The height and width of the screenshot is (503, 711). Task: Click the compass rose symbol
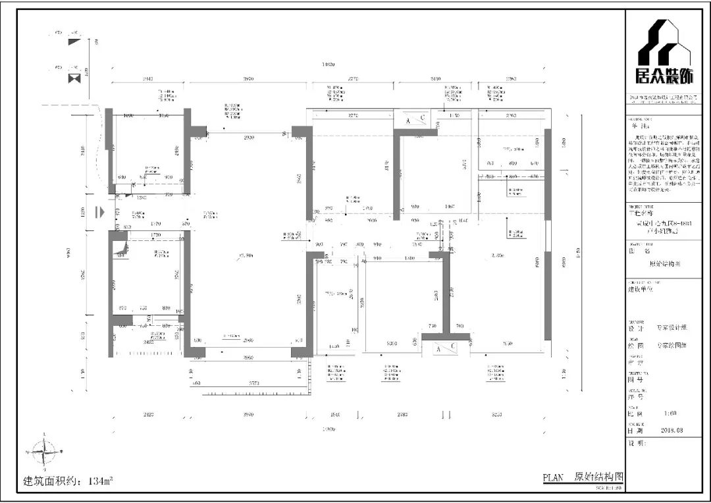coord(43,452)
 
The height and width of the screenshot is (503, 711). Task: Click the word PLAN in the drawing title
coord(553,478)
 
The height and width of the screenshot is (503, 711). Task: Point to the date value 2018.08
coord(672,430)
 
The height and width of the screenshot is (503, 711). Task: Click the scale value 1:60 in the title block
coord(671,413)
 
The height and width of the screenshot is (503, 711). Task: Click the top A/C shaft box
coord(415,121)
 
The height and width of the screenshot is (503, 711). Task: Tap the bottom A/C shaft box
coord(446,349)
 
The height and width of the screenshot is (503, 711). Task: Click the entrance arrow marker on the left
coord(99,212)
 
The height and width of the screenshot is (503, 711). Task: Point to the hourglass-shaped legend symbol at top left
coord(74,78)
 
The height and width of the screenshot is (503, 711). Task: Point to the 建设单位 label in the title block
coord(642,288)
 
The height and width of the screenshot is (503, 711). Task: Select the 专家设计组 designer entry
coord(671,327)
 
